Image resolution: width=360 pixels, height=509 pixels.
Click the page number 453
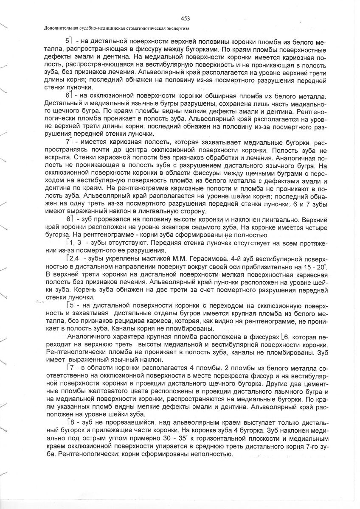coord(185,18)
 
